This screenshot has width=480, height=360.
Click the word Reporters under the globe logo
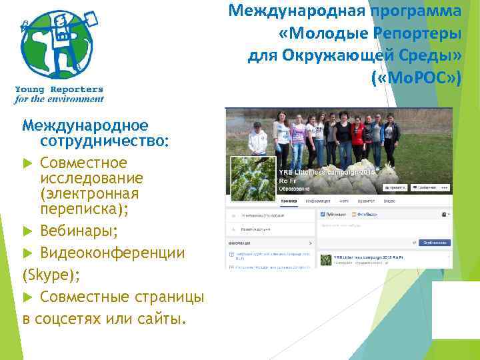(x=77, y=89)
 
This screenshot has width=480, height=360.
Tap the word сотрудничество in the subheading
(x=105, y=141)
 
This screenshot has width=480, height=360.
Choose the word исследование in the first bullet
(x=91, y=178)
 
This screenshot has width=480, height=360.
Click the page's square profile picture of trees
(x=252, y=179)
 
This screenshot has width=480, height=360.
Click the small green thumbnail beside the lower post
(x=327, y=260)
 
